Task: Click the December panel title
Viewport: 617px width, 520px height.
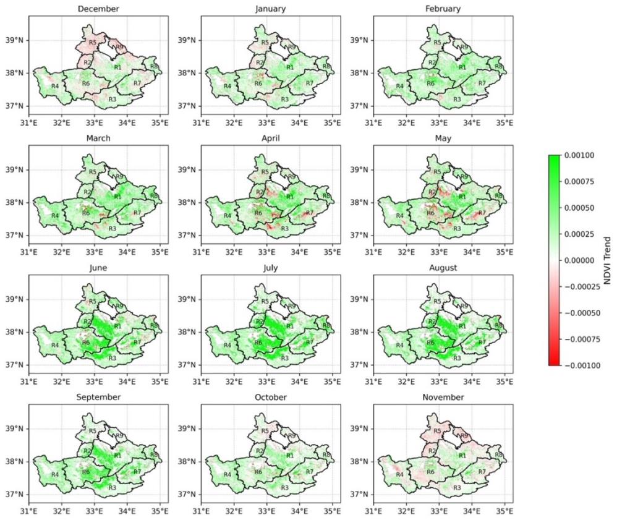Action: [x=95, y=9]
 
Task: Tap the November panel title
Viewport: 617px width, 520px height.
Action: [x=438, y=397]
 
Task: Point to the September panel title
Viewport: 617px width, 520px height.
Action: [x=95, y=397]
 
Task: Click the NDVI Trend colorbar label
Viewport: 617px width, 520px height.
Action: [x=607, y=260]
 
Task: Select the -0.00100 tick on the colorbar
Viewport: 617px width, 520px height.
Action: [x=577, y=365]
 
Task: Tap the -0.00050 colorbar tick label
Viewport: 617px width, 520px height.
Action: [x=577, y=313]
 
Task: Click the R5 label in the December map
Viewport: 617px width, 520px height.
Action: [x=92, y=43]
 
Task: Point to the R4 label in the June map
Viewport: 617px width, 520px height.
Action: [x=54, y=344]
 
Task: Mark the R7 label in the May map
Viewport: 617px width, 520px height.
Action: [x=482, y=213]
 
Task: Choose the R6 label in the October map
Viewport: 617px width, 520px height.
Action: [x=258, y=472]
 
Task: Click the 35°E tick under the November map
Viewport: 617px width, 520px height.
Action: [x=505, y=511]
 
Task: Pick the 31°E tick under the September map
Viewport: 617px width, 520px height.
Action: [x=28, y=511]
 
